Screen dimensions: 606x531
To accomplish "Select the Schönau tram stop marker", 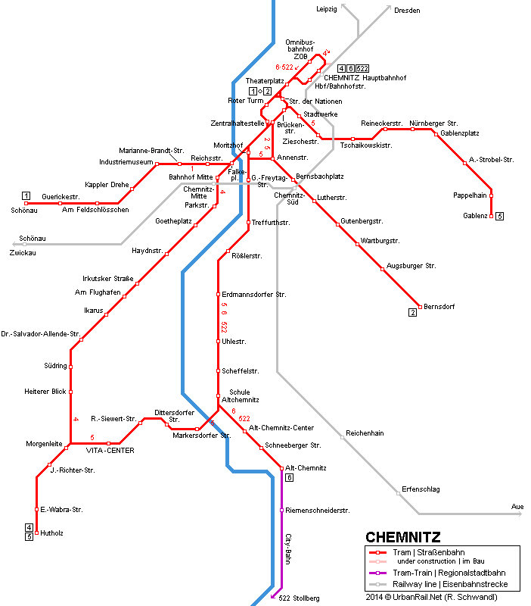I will click(26, 204).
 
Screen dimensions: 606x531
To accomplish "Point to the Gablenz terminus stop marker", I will click(492, 216).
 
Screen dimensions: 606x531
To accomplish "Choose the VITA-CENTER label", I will click(110, 451).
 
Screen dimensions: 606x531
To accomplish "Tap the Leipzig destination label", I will click(326, 9).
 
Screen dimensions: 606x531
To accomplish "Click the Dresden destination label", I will click(406, 10).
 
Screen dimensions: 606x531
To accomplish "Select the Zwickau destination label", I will click(23, 252).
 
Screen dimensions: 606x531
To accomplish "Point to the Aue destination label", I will click(517, 506).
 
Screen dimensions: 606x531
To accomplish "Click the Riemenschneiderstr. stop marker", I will click(282, 511).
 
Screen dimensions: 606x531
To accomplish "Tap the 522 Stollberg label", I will click(299, 598).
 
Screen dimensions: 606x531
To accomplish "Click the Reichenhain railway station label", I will click(365, 433).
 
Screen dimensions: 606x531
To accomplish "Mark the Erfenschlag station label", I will click(421, 489).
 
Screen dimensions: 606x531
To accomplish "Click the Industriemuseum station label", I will click(126, 161).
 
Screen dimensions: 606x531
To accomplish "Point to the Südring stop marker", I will click(71, 367).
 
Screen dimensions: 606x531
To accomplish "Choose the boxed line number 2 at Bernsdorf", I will click(413, 312).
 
